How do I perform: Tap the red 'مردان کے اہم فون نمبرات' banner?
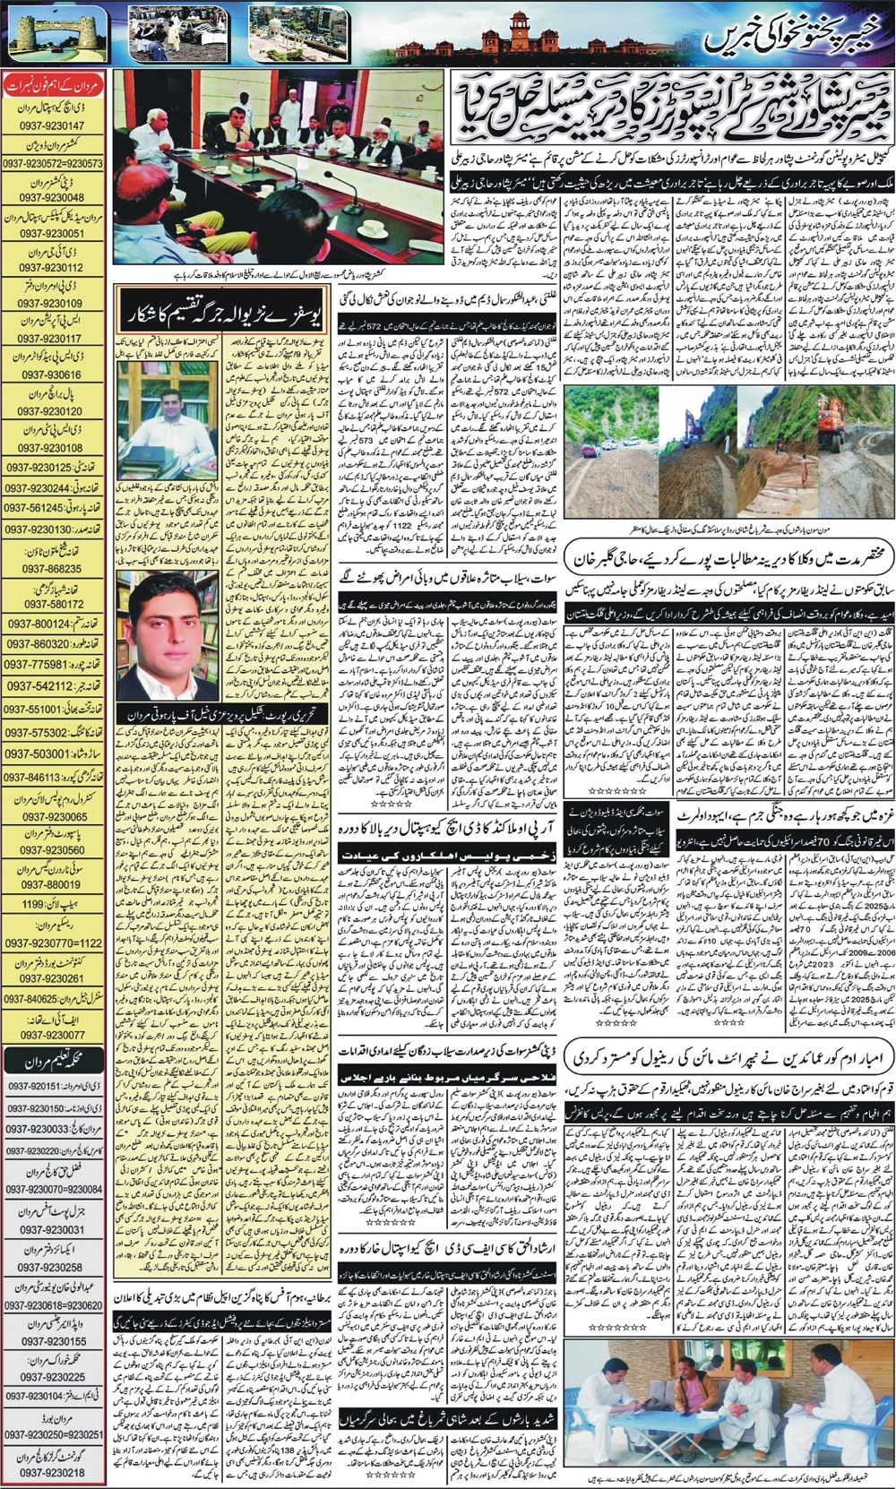click(x=54, y=86)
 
